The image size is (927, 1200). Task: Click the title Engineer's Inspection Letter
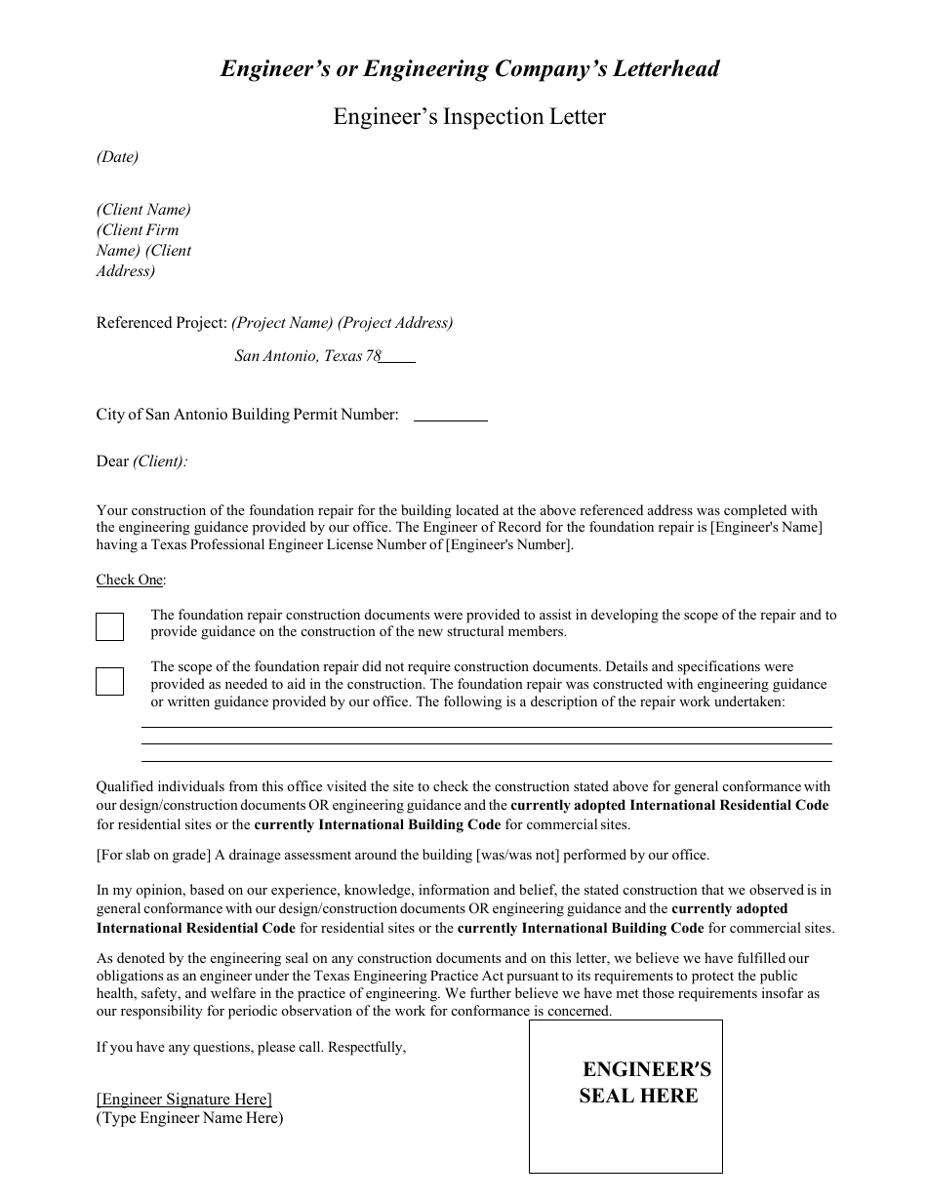469,117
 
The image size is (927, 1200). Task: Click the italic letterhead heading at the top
469,69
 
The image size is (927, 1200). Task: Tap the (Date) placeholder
117,157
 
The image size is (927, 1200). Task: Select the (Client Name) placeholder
143,210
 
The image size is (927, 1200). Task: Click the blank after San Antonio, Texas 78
398,357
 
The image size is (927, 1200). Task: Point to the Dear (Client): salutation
142,461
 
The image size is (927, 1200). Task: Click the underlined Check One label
129,580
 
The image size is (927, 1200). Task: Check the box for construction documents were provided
109,626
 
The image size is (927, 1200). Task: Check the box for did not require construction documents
109,681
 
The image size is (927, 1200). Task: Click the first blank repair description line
486,726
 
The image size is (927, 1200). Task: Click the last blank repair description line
486,760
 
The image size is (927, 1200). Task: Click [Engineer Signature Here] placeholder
183,1100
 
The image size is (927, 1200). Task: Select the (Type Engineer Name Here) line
189,1118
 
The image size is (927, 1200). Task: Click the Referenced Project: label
161,323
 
